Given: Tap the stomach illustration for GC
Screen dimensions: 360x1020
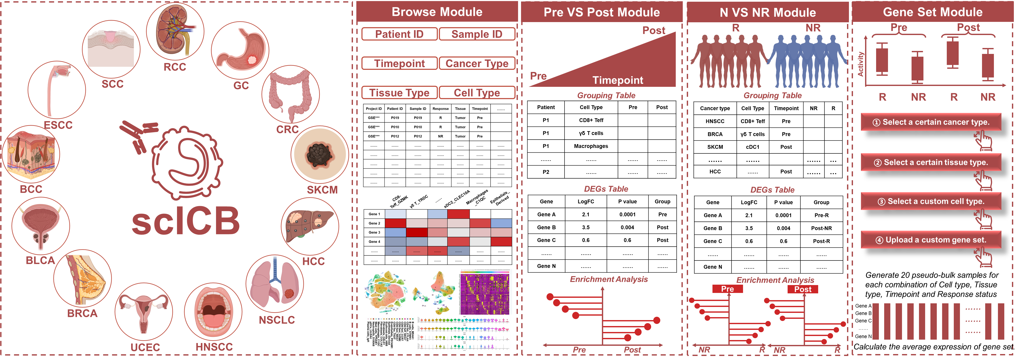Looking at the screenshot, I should (240, 49).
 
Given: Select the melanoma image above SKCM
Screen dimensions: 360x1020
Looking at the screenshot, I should (319, 154).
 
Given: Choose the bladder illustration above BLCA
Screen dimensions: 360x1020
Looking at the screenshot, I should (40, 226).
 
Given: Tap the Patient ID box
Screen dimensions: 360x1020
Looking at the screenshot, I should (399, 34).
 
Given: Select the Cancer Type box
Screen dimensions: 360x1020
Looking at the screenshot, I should (477, 63).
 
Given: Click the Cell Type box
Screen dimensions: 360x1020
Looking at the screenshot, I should (477, 93).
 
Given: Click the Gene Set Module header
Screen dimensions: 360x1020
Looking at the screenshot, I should (933, 12).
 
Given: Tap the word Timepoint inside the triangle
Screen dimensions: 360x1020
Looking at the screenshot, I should (618, 80).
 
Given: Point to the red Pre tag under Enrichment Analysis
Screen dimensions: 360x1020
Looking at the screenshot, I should (727, 289).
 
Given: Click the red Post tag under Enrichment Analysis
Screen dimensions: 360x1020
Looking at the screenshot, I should (803, 289).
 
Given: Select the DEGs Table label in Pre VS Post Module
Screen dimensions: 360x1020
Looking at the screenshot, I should (606, 189).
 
